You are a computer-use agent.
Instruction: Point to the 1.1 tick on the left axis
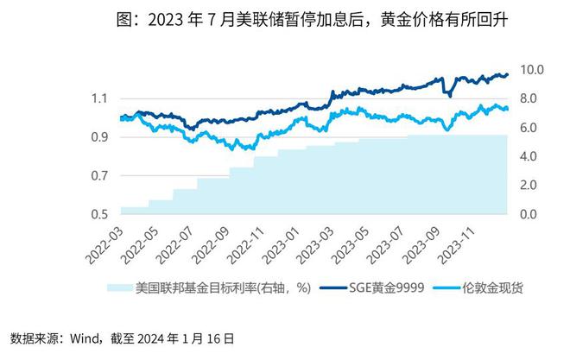(102, 98)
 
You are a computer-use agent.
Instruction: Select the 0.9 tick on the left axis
(102, 137)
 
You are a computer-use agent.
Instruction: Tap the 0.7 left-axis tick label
(102, 176)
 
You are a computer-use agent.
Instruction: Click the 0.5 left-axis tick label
(102, 214)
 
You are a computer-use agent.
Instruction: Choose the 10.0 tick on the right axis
(529, 69)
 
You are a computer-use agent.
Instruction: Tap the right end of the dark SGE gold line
(508, 74)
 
